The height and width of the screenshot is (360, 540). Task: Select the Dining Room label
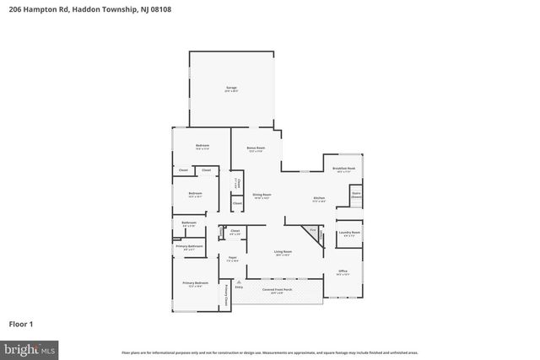pyautogui.click(x=262, y=196)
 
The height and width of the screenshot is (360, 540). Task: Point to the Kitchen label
pyautogui.click(x=320, y=199)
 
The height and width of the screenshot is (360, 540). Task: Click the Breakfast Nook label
pyautogui.click(x=344, y=169)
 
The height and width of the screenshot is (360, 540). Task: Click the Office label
pyautogui.click(x=343, y=272)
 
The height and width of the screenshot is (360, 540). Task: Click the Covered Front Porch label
pyautogui.click(x=277, y=290)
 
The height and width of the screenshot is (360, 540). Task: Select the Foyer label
pyautogui.click(x=232, y=259)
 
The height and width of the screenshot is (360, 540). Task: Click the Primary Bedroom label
pyautogui.click(x=194, y=284)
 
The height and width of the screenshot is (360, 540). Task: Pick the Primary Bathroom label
pyautogui.click(x=189, y=247)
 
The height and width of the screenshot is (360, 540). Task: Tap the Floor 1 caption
pyautogui.click(x=21, y=323)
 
